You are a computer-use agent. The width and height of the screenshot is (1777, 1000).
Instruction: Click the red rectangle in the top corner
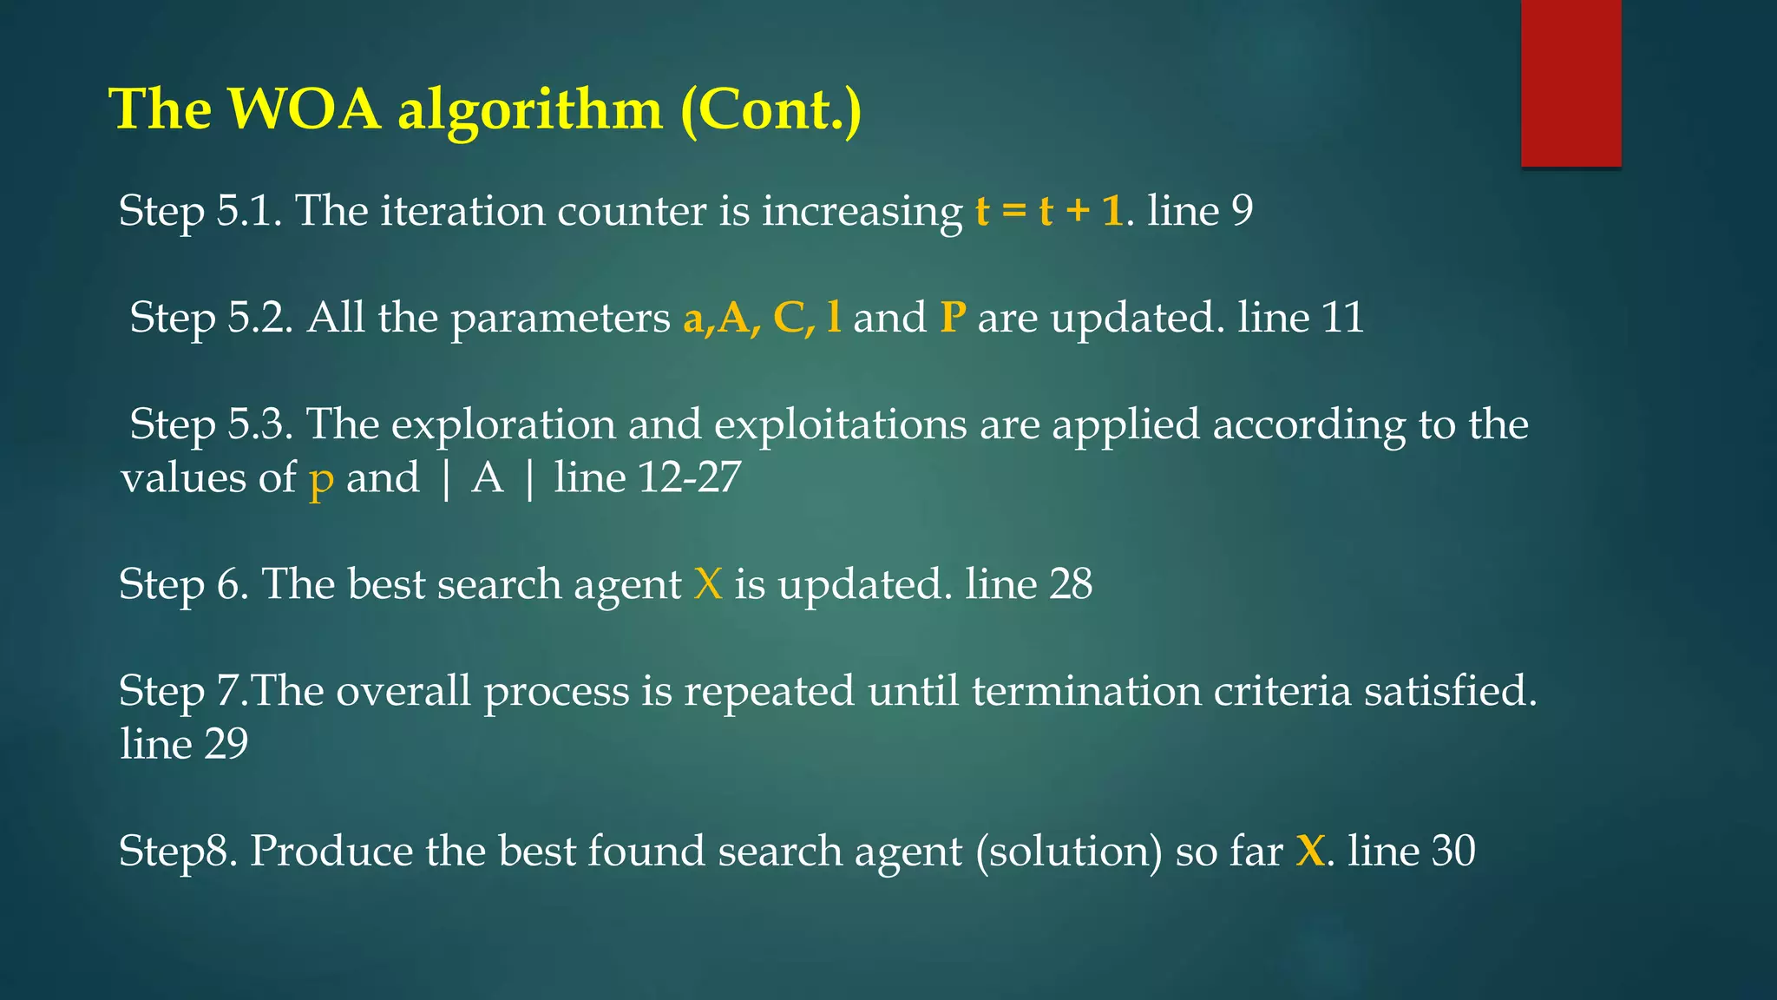pyautogui.click(x=1570, y=82)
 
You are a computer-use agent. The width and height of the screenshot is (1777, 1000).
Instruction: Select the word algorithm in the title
pyautogui.click(x=530, y=111)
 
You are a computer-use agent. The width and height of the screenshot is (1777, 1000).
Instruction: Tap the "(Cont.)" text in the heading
pyautogui.click(x=771, y=111)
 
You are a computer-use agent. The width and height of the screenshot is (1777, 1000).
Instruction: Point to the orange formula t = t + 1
pyautogui.click(x=1049, y=211)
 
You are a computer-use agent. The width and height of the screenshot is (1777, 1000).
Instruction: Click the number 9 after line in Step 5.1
pyautogui.click(x=1242, y=211)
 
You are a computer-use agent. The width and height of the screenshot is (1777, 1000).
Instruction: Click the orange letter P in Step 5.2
pyautogui.click(x=953, y=318)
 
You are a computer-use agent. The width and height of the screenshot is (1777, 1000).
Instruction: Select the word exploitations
pyautogui.click(x=840, y=425)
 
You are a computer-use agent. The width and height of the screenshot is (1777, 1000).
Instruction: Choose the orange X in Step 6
pyautogui.click(x=708, y=584)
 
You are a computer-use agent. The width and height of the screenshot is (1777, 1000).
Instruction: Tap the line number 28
pyautogui.click(x=1071, y=584)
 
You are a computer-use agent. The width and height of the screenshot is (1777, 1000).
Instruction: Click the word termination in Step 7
pyautogui.click(x=1086, y=691)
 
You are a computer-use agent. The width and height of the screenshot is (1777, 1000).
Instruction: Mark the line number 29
pyautogui.click(x=226, y=744)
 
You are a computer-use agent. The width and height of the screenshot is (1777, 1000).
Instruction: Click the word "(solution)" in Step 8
pyautogui.click(x=1068, y=852)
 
